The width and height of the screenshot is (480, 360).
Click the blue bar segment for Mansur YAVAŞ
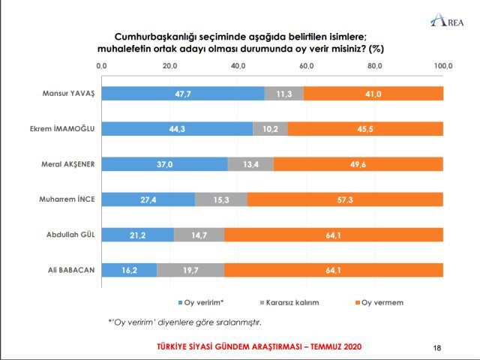click(182, 94)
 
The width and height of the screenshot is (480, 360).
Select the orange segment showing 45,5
click(365, 129)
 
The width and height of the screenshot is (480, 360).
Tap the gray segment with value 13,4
click(251, 164)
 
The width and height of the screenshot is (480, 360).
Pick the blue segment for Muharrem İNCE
click(148, 199)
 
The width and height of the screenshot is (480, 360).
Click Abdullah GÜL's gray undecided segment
click(199, 235)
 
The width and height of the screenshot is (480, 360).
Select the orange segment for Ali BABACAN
click(334, 270)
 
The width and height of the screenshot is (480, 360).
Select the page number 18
click(438, 348)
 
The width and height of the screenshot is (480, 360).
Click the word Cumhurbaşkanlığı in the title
click(155, 35)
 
